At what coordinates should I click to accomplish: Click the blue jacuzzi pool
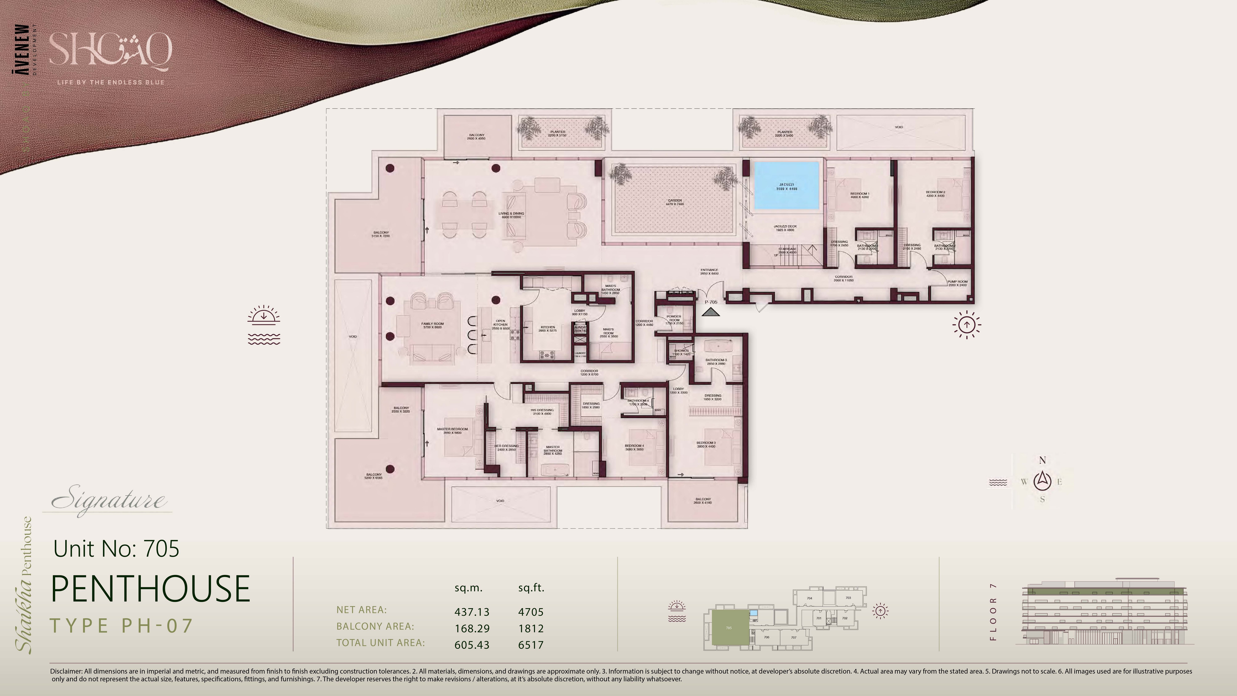[786, 186]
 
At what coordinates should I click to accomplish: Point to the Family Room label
[432, 325]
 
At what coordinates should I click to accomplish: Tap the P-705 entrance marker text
[711, 302]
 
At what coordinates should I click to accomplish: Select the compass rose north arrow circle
[1042, 480]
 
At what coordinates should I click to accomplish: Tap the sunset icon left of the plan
[264, 325]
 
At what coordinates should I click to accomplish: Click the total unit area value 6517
[531, 645]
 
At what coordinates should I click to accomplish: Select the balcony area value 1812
[531, 628]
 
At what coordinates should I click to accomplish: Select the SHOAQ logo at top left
[110, 49]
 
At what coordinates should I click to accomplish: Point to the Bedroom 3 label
[706, 444]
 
